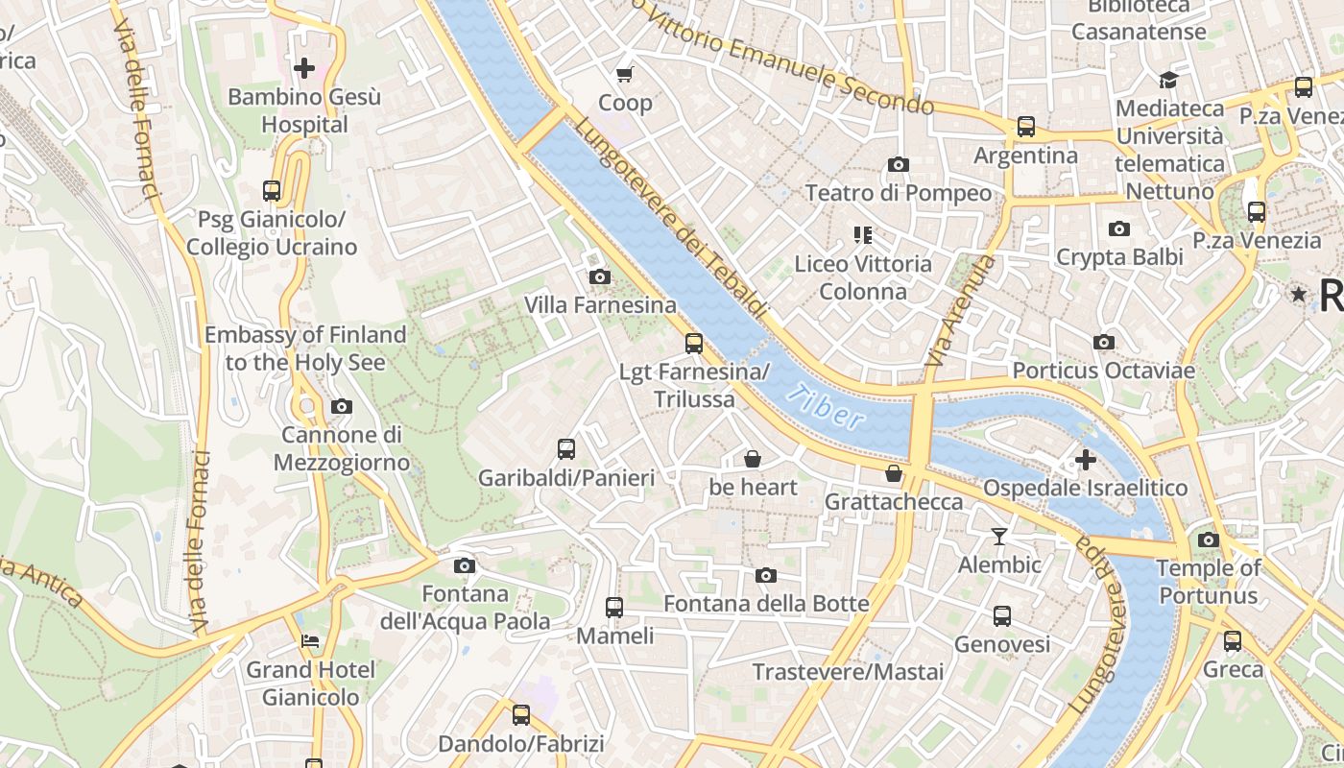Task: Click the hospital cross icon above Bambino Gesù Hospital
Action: point(304,68)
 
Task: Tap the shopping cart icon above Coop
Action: point(625,74)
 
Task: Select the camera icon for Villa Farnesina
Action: point(599,277)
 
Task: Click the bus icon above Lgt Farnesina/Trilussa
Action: point(694,343)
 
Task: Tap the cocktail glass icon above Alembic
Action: point(999,536)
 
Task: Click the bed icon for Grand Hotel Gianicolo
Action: point(310,640)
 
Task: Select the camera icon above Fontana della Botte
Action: point(765,575)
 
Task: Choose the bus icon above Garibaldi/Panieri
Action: point(566,448)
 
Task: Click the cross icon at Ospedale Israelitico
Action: point(1086,460)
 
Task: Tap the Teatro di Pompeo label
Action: point(898,193)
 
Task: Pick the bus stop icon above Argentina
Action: point(1025,126)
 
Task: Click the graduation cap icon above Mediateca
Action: point(1168,80)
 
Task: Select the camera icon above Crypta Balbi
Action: point(1118,228)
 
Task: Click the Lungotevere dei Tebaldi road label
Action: point(672,219)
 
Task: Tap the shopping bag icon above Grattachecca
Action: point(894,473)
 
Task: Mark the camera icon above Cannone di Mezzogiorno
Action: point(341,406)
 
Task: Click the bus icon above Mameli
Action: point(614,607)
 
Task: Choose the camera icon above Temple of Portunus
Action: point(1209,540)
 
